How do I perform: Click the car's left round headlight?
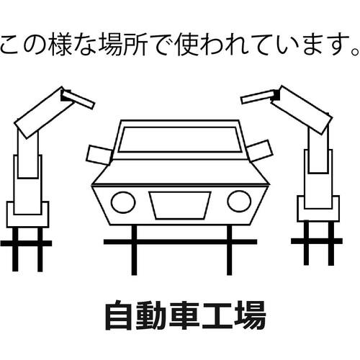point(123,202)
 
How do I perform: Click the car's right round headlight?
point(239,202)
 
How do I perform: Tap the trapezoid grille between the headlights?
point(180,205)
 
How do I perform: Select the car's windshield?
point(180,140)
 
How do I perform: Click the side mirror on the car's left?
point(99,155)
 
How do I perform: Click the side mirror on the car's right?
point(260,150)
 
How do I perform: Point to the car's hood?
point(180,172)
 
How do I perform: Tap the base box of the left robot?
point(27,215)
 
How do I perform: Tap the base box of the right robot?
point(318,209)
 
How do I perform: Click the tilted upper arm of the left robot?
point(45,113)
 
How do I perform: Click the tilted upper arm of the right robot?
point(302,109)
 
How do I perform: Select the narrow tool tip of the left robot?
point(78,99)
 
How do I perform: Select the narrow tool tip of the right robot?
point(258,97)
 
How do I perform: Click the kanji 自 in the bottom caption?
point(119,315)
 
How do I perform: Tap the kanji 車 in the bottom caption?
point(184,315)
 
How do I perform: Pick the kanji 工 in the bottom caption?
point(217,315)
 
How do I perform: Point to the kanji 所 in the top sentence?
point(135,45)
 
